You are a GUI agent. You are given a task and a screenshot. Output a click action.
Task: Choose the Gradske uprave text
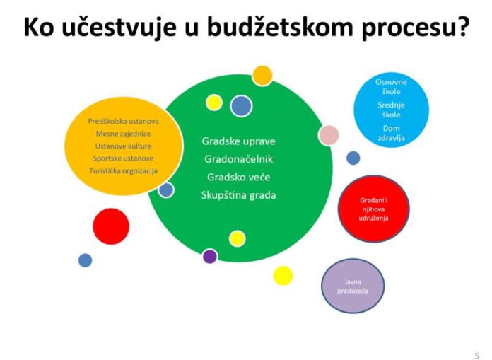[238, 140]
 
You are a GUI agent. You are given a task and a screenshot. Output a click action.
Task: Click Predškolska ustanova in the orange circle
[123, 121]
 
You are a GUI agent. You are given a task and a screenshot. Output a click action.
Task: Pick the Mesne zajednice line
[123, 134]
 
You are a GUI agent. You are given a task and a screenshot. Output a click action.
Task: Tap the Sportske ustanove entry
[123, 158]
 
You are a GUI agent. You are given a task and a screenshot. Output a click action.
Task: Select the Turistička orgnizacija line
[123, 170]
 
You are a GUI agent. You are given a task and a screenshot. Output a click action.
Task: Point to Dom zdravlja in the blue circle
[391, 133]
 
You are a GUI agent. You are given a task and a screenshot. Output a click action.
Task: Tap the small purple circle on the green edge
[209, 256]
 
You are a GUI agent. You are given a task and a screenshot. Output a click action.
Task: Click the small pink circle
[328, 134]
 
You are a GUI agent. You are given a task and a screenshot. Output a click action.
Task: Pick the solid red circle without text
[111, 226]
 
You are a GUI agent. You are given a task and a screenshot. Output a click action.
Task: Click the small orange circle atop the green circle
[262, 74]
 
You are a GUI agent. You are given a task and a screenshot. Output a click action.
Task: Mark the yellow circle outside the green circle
[283, 275]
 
